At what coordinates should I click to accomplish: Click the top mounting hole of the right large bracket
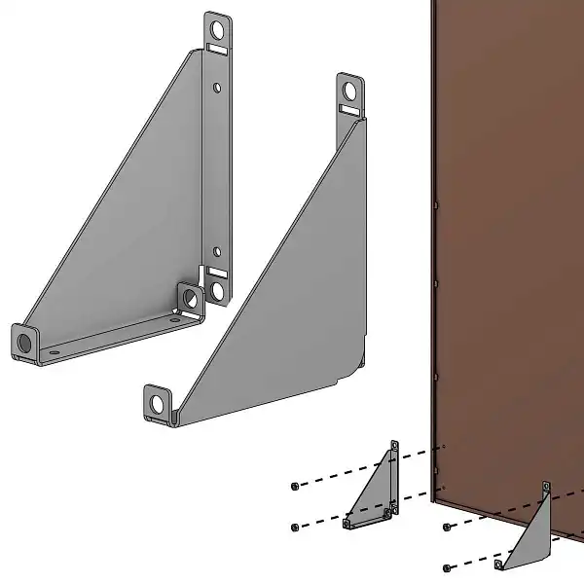point(349,91)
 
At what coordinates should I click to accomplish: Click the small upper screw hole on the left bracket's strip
point(217,88)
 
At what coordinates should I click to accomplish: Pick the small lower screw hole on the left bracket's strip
point(218,252)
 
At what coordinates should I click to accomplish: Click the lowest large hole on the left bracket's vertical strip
point(218,289)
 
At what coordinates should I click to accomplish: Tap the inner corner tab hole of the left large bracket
point(189,299)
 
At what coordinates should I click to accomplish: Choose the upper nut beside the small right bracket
point(446,528)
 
